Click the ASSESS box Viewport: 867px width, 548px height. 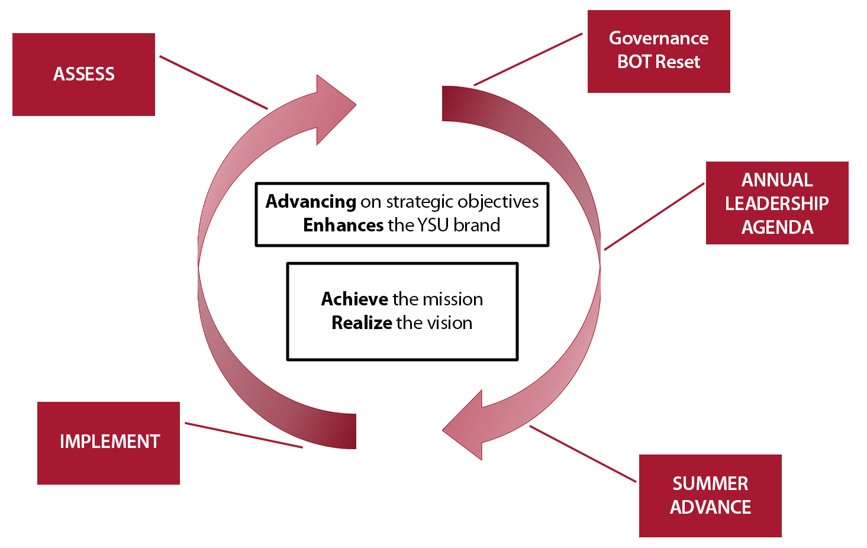83,75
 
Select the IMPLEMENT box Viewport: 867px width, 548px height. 108,443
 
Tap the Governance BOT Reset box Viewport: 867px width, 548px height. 658,51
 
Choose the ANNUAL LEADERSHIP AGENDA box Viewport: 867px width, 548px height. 776,203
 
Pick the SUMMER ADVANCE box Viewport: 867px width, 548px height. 710,495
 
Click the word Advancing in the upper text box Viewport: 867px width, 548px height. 311,202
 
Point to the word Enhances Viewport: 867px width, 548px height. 343,225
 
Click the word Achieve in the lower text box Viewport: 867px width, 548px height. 354,299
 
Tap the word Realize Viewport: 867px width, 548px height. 362,323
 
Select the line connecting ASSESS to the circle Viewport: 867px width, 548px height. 213,82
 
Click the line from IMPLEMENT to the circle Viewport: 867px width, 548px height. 243,435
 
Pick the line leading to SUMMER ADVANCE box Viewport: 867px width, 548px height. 582,453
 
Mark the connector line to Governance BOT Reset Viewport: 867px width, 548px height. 527,59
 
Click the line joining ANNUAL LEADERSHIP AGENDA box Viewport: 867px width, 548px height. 654,216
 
